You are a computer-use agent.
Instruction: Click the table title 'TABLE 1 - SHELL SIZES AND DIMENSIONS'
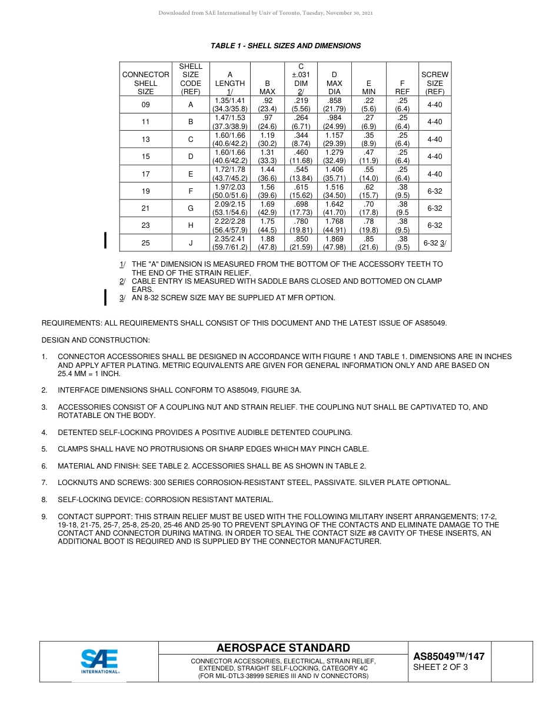(285, 46)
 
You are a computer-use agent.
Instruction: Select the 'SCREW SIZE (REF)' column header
(435, 83)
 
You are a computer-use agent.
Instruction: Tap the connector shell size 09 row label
(145, 105)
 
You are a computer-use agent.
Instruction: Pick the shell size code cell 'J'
(190, 243)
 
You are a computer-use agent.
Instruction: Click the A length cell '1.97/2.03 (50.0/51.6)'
(229, 191)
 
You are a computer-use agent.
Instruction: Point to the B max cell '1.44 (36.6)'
(267, 174)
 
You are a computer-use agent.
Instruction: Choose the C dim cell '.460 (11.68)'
(301, 157)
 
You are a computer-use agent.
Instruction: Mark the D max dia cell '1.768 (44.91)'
(334, 225)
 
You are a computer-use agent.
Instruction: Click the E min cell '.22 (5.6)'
(368, 105)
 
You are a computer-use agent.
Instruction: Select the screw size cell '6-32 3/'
(435, 243)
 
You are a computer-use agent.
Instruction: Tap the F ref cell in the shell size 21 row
(402, 208)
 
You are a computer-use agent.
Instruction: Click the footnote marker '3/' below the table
(122, 298)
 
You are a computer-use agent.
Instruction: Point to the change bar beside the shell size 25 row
(105, 241)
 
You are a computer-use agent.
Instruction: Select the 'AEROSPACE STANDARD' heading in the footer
(283, 648)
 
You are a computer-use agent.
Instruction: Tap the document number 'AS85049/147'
(448, 656)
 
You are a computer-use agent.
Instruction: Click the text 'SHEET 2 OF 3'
(440, 667)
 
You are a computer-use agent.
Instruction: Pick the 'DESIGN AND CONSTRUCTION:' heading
(95, 340)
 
